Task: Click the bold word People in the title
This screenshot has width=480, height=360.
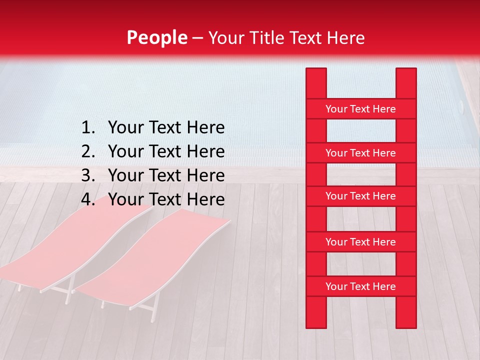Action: tap(156, 38)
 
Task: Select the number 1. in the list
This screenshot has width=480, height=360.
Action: tap(88, 128)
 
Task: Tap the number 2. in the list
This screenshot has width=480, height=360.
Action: tap(88, 151)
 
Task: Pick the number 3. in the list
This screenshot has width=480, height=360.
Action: tap(88, 175)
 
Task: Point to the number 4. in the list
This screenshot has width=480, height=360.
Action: tap(88, 199)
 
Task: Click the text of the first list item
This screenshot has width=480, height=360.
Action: tap(166, 128)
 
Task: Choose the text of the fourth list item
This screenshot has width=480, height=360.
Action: tap(166, 199)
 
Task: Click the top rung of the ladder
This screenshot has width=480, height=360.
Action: tap(360, 109)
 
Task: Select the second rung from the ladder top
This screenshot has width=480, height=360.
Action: tap(360, 153)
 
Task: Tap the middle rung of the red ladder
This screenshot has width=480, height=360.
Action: tap(360, 196)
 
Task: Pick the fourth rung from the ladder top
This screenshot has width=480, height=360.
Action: tap(360, 242)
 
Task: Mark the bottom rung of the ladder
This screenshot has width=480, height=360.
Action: tap(360, 286)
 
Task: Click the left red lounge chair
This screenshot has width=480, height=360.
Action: tap(75, 245)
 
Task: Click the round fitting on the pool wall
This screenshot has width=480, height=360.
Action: tap(461, 106)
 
